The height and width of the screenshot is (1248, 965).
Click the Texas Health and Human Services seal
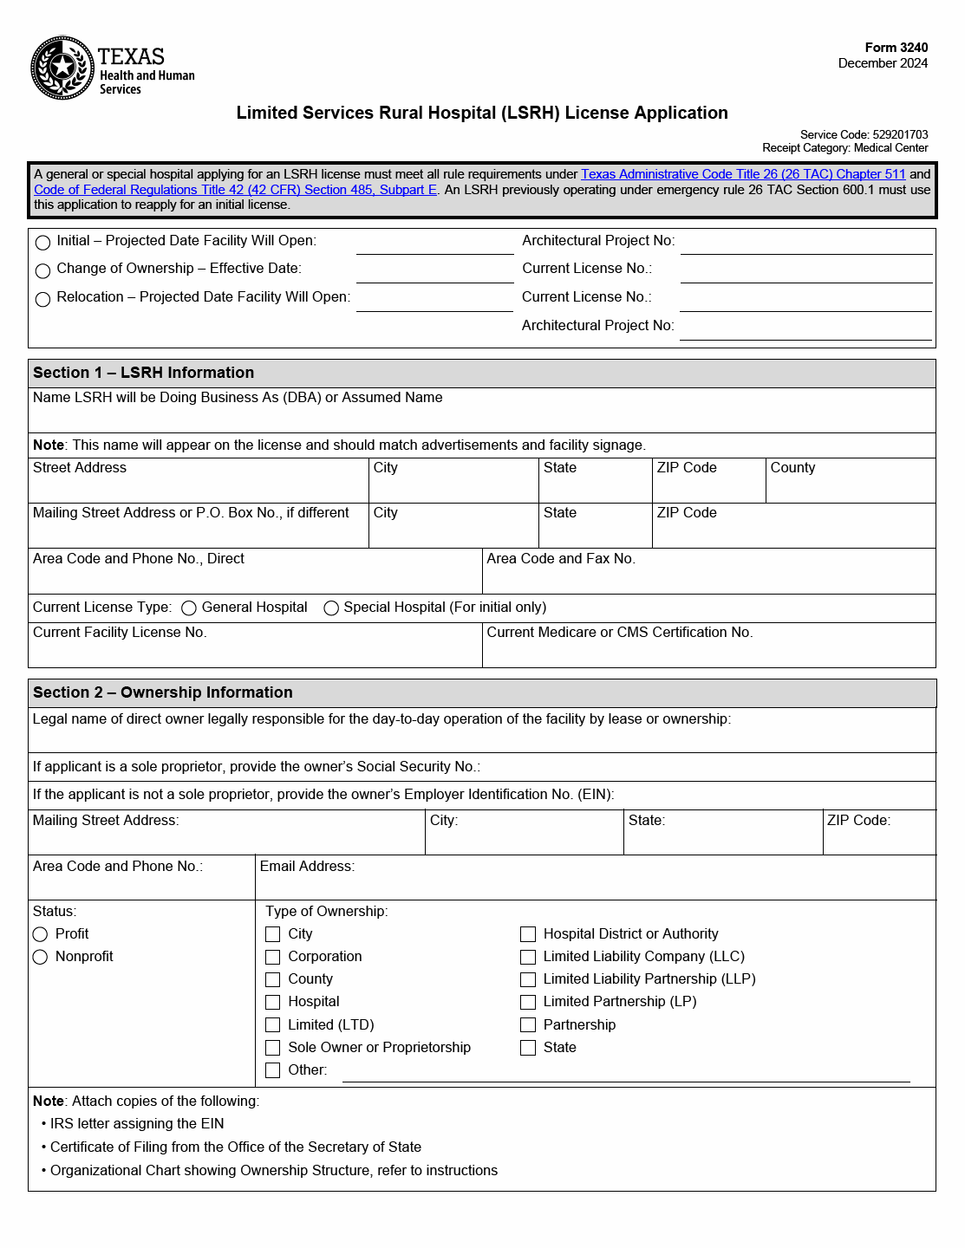point(62,68)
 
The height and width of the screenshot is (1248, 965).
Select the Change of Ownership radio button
point(42,271)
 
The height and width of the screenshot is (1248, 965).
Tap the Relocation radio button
point(42,300)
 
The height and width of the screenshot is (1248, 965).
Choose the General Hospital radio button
point(189,608)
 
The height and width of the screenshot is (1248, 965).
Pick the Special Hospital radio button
point(331,608)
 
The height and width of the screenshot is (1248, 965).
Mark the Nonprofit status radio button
point(40,957)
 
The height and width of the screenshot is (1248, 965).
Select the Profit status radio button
point(40,934)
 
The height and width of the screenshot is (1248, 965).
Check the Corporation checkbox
point(273,957)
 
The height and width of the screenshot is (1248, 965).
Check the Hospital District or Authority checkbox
point(528,934)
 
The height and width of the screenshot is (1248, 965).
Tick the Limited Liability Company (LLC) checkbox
point(528,957)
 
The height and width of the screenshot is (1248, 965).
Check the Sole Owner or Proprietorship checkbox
point(273,1048)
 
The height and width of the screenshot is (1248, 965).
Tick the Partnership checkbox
point(528,1025)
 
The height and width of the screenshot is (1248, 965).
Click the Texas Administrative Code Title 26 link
point(742,174)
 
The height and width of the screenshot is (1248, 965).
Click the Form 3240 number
point(896,48)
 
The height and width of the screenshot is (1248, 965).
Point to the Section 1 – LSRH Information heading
point(143,373)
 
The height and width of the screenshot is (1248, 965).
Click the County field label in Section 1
point(792,468)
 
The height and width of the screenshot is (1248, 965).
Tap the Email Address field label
point(307,867)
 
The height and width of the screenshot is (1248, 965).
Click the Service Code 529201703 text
point(864,134)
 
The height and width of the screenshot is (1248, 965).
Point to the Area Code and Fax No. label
point(561,559)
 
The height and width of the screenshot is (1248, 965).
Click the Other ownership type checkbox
point(273,1070)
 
